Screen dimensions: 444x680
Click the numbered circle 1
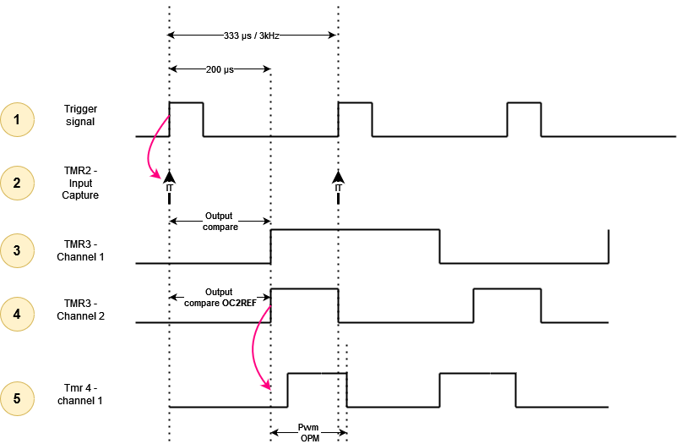click(x=17, y=119)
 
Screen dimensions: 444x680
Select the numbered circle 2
click(x=17, y=183)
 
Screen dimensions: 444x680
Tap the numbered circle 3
click(x=17, y=250)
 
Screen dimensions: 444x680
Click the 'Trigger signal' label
click(x=79, y=115)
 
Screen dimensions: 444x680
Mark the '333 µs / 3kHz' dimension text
click(x=253, y=36)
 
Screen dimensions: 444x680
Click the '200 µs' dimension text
click(x=220, y=69)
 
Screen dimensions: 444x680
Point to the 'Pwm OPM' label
click(x=309, y=433)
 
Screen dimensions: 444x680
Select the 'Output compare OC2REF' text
click(x=220, y=297)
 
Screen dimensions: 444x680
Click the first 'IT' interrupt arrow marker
click(x=170, y=183)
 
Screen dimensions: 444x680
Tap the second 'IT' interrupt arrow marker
click(x=339, y=183)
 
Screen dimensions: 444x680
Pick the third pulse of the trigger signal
click(x=524, y=118)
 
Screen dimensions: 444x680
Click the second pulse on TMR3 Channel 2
click(x=507, y=304)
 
